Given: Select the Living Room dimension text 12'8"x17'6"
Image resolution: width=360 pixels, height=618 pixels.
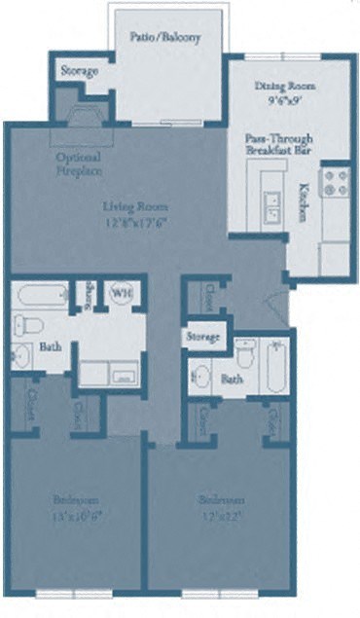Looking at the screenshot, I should tap(137, 221).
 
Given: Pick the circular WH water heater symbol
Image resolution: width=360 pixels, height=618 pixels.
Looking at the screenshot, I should tap(122, 292).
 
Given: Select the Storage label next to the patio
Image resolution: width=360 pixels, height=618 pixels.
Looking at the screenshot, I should tap(79, 72).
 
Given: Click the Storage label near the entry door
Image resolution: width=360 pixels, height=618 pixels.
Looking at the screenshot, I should tap(202, 338).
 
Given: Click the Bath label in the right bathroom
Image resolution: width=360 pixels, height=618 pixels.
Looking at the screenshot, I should tap(233, 379).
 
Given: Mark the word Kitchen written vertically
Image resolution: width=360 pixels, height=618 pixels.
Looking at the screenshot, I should tap(304, 202).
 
